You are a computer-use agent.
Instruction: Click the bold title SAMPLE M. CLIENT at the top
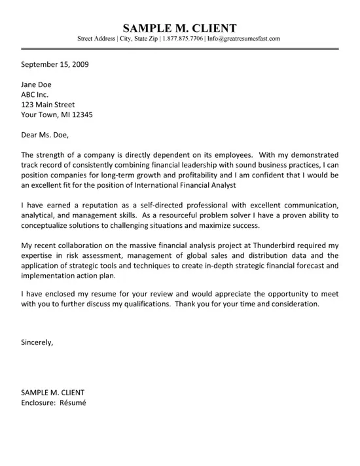(x=179, y=28)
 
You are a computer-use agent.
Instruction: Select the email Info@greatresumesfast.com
(x=243, y=39)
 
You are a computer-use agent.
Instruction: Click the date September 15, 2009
(x=55, y=65)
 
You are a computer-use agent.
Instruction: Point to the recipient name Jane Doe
(x=36, y=85)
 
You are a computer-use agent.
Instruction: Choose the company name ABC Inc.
(x=35, y=95)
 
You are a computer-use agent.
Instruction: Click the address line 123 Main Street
(x=48, y=105)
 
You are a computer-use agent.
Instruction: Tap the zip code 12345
(x=80, y=115)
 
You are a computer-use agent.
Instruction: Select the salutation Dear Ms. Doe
(x=45, y=135)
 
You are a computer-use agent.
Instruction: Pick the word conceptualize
(x=47, y=224)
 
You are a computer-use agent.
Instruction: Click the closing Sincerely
(x=37, y=342)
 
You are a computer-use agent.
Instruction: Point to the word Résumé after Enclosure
(x=72, y=403)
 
